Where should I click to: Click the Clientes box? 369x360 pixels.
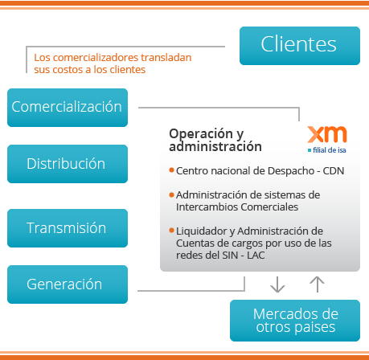tap(298, 44)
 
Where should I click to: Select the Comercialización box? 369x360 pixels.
tap(67, 107)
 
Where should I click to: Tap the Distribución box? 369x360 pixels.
tap(67, 164)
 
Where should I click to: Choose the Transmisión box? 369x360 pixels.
tap(67, 227)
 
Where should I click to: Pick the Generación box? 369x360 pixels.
tap(67, 284)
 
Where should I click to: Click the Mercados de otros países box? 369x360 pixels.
tap(295, 319)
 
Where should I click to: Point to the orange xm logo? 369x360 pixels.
tap(327, 133)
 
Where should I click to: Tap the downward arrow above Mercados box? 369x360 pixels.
tap(278, 284)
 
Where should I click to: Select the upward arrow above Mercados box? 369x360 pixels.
tap(317, 284)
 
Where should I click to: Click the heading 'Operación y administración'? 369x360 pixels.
tap(215, 140)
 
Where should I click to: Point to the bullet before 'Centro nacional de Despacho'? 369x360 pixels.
tap(171, 170)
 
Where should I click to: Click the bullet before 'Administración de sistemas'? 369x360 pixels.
tap(171, 194)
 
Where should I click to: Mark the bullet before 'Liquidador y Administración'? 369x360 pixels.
tap(171, 231)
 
